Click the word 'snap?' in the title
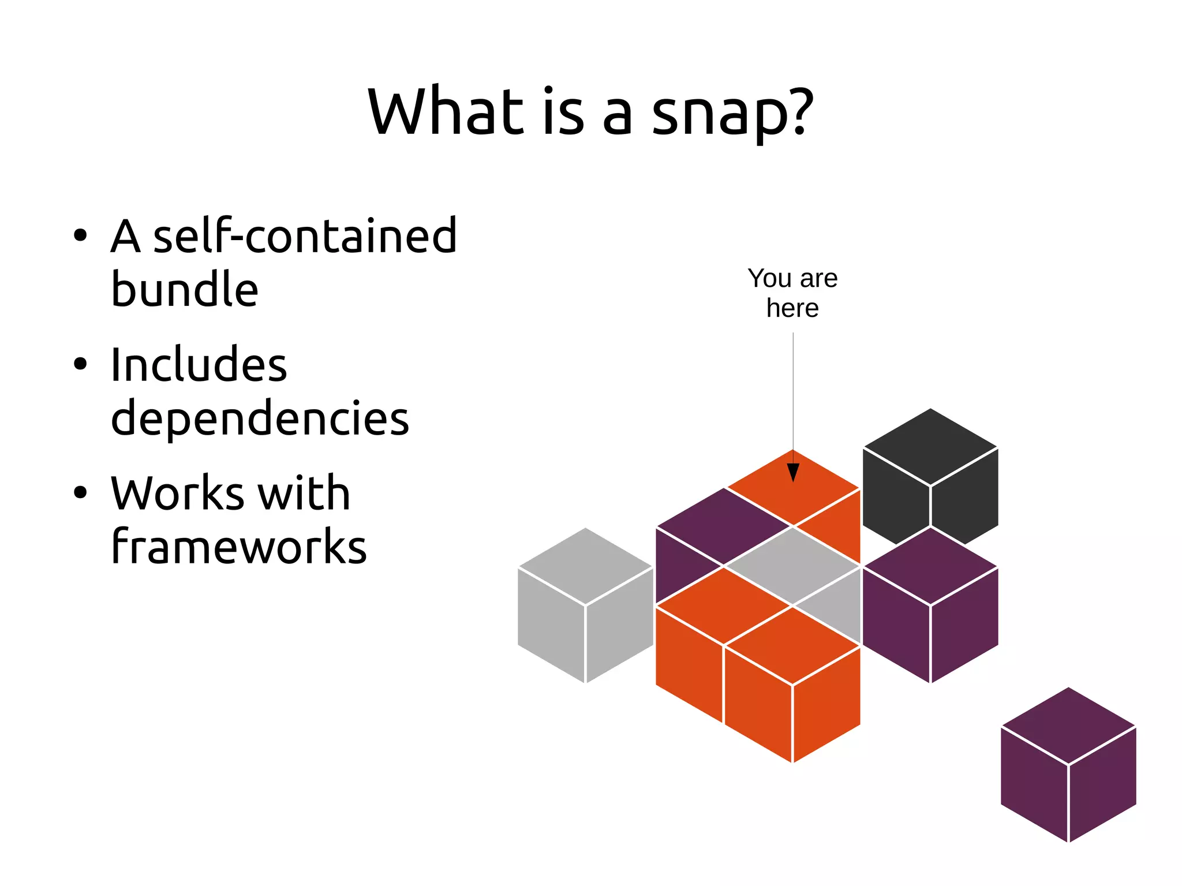point(732,113)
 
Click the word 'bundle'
point(184,289)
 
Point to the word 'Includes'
point(199,365)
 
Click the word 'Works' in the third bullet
point(178,494)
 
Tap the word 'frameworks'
point(238,547)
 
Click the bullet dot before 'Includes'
point(80,364)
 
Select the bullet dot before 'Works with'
point(80,492)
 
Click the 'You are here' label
point(792,293)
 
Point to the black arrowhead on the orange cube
point(793,472)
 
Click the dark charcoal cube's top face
point(930,447)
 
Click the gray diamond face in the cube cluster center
point(792,566)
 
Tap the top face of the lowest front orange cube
point(792,645)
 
